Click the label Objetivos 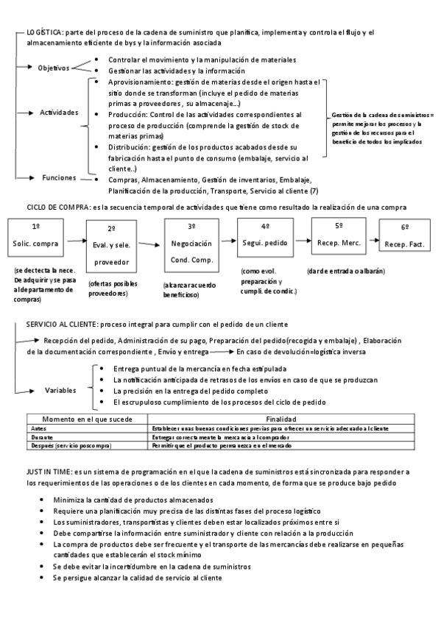[x=54, y=68]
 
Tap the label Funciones [x=59, y=177]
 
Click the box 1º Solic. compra [x=36, y=237]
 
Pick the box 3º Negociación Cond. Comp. [x=191, y=243]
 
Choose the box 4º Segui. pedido [x=266, y=237]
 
